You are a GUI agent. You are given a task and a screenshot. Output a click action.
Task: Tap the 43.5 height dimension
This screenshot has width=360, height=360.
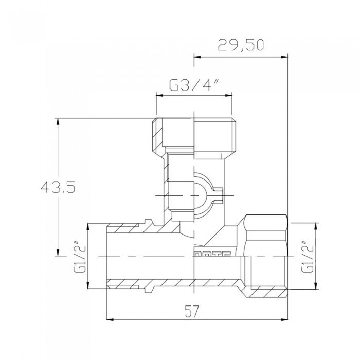click(58, 188)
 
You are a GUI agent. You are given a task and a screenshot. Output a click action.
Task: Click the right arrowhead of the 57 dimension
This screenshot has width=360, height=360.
click(285, 319)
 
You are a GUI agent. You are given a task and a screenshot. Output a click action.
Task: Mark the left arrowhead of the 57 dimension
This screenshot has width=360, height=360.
click(110, 319)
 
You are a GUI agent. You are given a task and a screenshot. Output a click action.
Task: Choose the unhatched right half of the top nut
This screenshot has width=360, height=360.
click(213, 135)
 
